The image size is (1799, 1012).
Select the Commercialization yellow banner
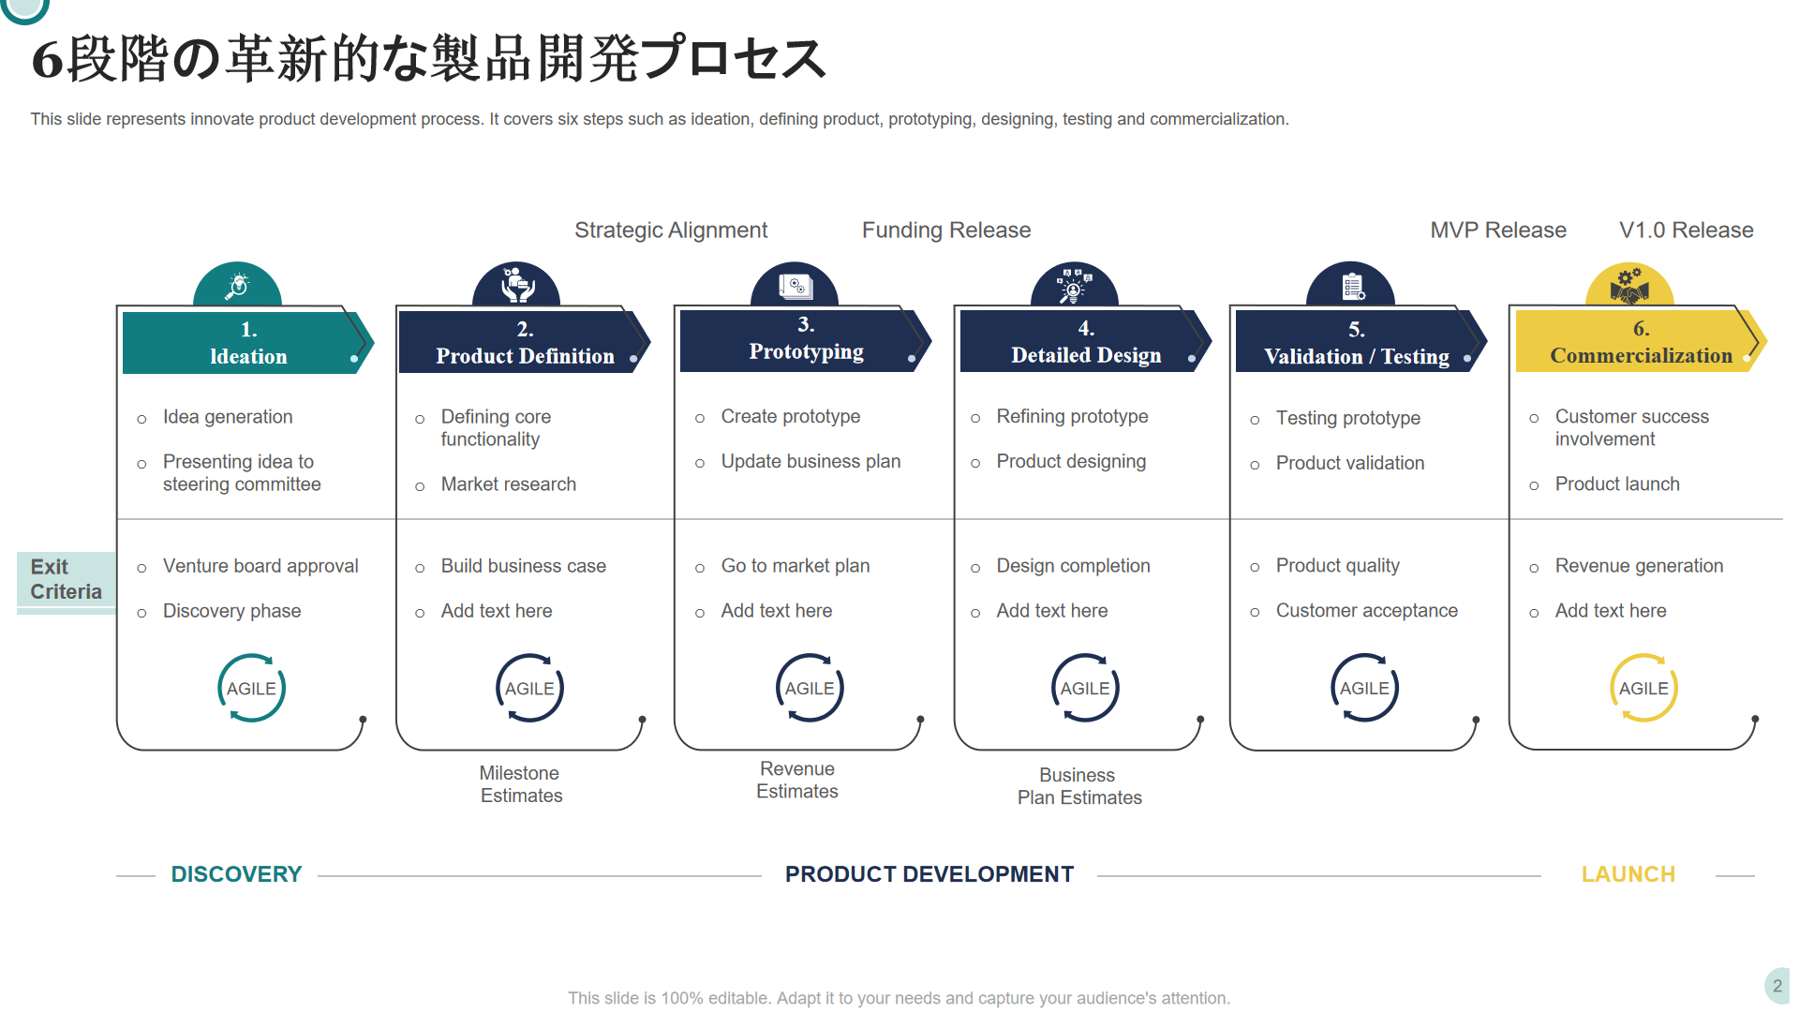click(x=1641, y=342)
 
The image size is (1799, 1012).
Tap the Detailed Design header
click(x=1086, y=342)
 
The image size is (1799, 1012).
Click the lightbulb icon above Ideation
click(x=238, y=285)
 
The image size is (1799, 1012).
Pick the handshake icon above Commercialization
click(x=1629, y=286)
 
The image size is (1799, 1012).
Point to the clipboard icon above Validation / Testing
click(x=1353, y=286)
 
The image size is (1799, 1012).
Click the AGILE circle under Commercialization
click(x=1643, y=688)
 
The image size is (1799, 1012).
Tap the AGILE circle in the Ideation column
click(x=251, y=688)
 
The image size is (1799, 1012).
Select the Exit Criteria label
click(x=66, y=580)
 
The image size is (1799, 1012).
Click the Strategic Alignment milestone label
click(x=671, y=231)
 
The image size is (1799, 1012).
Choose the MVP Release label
click(x=1498, y=231)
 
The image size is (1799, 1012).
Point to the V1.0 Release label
click(x=1687, y=231)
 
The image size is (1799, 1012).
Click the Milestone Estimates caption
click(x=521, y=784)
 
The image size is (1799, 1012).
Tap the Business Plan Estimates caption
click(x=1079, y=786)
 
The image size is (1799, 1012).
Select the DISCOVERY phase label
click(x=236, y=874)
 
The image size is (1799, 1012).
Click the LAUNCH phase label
click(x=1628, y=874)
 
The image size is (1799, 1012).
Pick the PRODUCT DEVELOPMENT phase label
click(x=929, y=874)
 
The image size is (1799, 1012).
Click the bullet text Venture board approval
click(x=260, y=566)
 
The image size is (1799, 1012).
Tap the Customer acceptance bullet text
click(x=1367, y=611)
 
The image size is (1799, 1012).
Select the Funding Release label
click(x=946, y=231)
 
